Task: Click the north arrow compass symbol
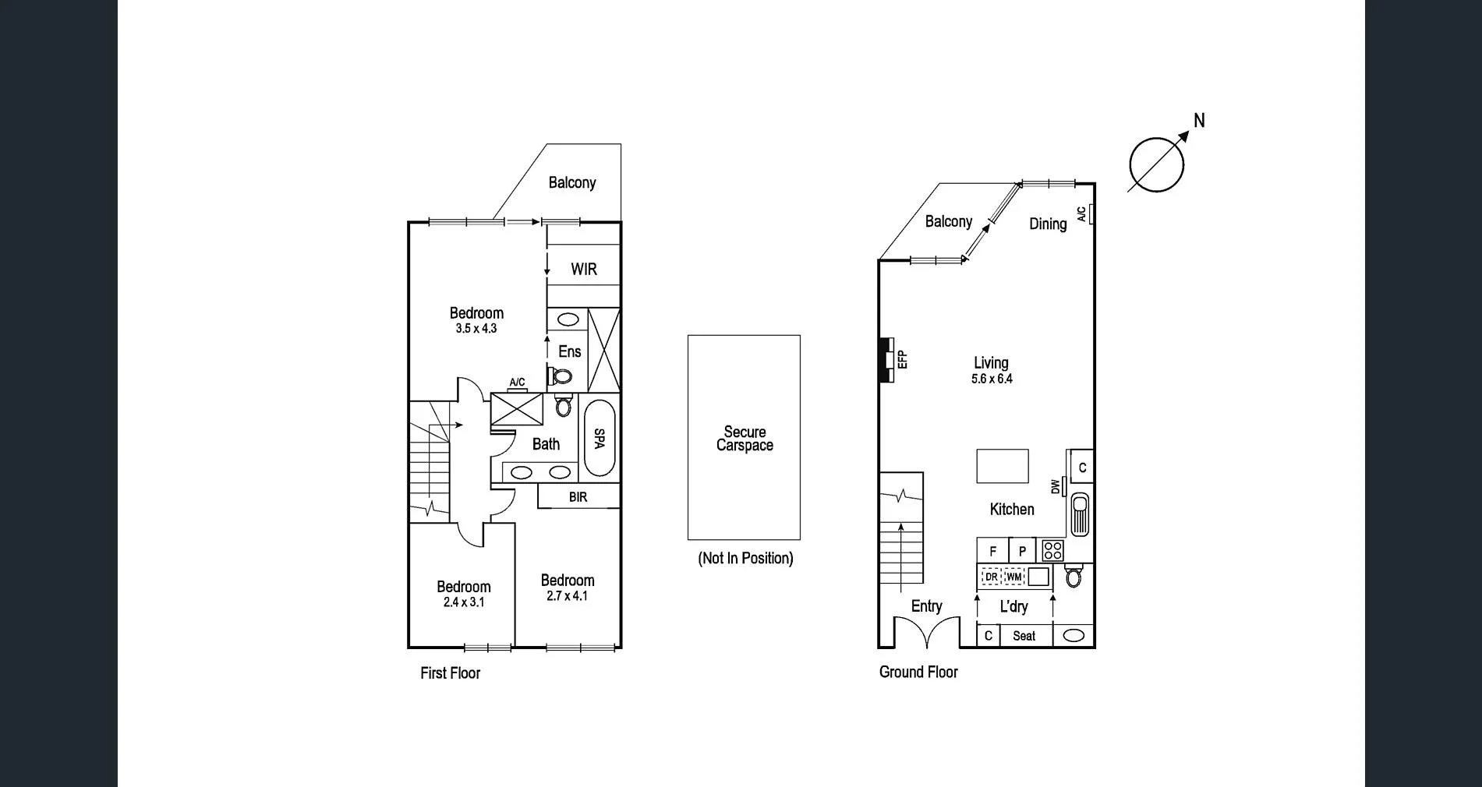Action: tap(1157, 164)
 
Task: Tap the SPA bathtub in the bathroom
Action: tap(599, 438)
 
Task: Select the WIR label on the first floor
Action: tap(584, 270)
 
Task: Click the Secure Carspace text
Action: tap(745, 439)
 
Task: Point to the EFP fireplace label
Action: tap(903, 359)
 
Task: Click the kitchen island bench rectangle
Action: tap(1003, 466)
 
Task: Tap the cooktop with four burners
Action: tap(1052, 550)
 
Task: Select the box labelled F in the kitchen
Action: tap(992, 551)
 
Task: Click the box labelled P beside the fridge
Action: tap(1022, 551)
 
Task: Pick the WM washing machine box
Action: tap(1013, 577)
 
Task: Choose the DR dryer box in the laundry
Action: tap(991, 577)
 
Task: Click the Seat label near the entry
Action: tap(1024, 636)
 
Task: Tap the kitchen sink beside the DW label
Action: tap(1080, 514)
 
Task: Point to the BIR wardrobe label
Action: tap(578, 497)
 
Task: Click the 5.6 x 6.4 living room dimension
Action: tap(992, 379)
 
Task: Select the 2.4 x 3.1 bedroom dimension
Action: tap(464, 602)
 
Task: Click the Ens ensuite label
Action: tap(570, 351)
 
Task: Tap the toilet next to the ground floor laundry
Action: tap(1073, 577)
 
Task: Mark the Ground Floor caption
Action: tap(918, 672)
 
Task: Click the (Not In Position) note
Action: tap(745, 558)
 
